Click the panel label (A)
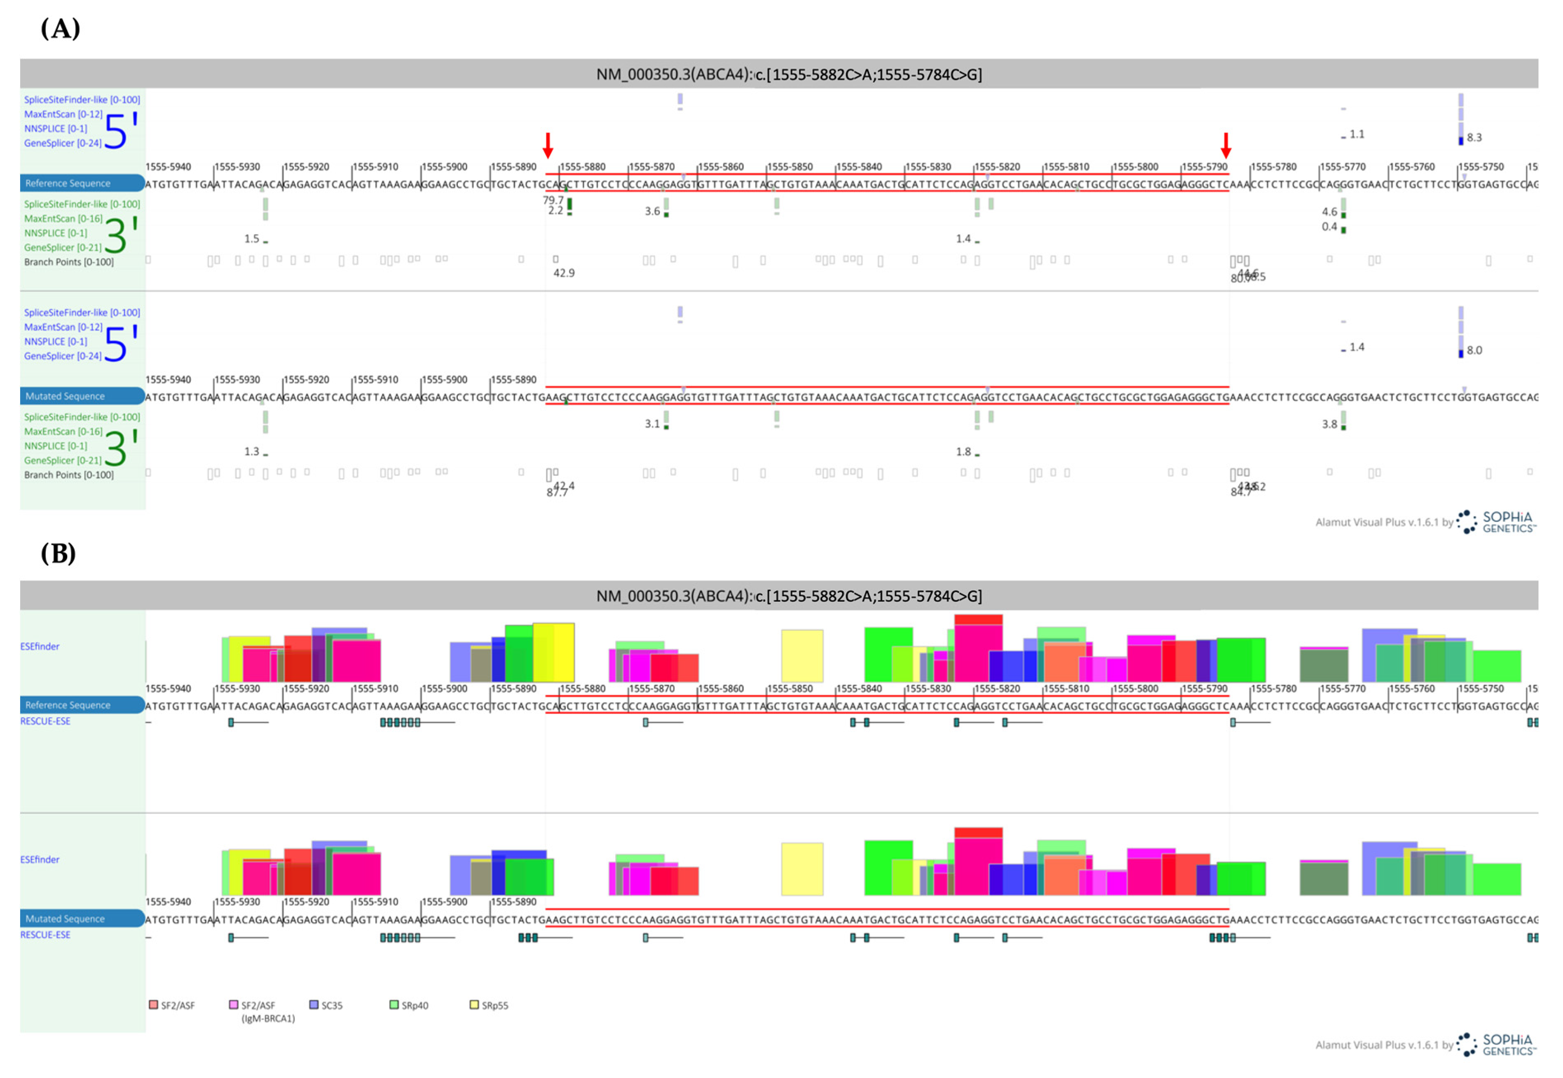click(x=60, y=29)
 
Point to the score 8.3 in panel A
click(x=1474, y=138)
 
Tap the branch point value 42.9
click(x=564, y=273)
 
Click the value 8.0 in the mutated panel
click(x=1474, y=350)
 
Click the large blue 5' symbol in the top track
click(x=120, y=130)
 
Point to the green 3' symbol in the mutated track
click(x=120, y=448)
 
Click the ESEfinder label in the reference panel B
click(x=40, y=646)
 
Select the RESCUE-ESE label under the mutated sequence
click(x=45, y=935)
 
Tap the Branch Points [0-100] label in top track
click(x=69, y=262)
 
